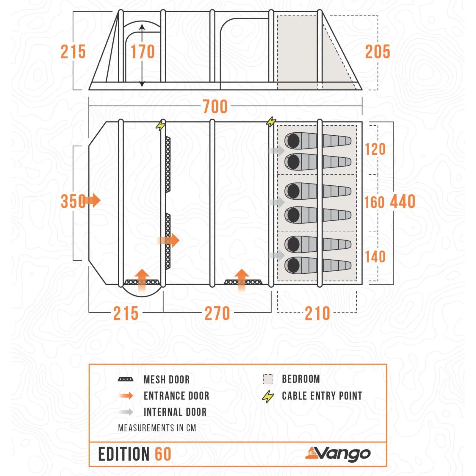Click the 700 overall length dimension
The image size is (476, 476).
[215, 107]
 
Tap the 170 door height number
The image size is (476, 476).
[143, 52]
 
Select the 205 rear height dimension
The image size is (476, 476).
[377, 52]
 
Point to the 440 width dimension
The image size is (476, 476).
[403, 202]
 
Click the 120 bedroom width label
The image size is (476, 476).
[375, 149]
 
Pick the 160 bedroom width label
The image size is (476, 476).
[374, 203]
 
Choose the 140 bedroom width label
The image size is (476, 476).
[375, 257]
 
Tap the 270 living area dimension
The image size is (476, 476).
[217, 313]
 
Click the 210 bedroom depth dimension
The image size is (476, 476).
[317, 313]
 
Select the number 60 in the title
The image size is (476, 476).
[163, 454]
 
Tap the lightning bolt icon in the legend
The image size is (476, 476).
[268, 396]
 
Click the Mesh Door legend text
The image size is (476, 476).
[167, 380]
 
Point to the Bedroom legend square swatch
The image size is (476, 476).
[268, 379]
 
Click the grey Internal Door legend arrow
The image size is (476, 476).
[126, 412]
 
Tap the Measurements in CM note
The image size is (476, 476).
[157, 428]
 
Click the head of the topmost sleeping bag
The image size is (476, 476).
[293, 141]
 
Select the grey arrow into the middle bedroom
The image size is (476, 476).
[276, 202]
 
